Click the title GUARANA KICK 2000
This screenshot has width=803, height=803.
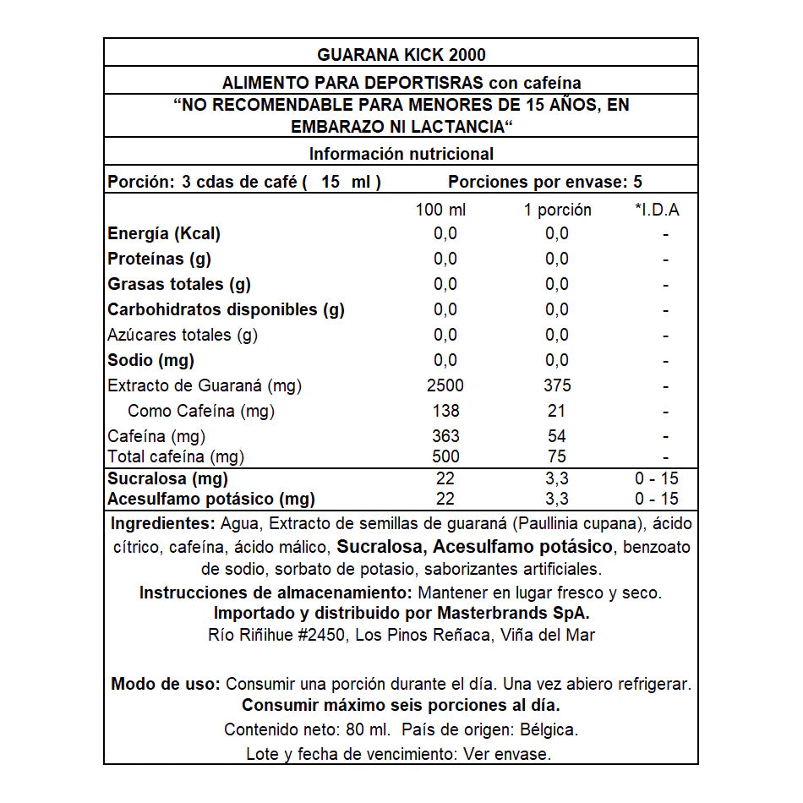[x=401, y=55]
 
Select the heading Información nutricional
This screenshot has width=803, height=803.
[x=401, y=154]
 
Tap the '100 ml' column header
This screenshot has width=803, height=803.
[x=440, y=210]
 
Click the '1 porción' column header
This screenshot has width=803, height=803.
[x=557, y=210]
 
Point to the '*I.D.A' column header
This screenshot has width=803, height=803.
[x=657, y=210]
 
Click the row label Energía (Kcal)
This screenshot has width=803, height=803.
[x=164, y=234]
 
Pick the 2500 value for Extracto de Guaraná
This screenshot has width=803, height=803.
[x=445, y=385]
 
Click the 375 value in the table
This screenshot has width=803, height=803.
[x=557, y=385]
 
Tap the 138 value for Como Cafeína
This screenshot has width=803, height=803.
[x=445, y=411]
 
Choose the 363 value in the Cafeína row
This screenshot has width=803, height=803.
[x=445, y=436]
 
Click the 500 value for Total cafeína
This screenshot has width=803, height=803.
[x=445, y=456]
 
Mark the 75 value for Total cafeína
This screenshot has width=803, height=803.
[x=557, y=456]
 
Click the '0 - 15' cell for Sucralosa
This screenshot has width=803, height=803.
[x=657, y=478]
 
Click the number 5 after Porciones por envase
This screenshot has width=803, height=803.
[x=637, y=182]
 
